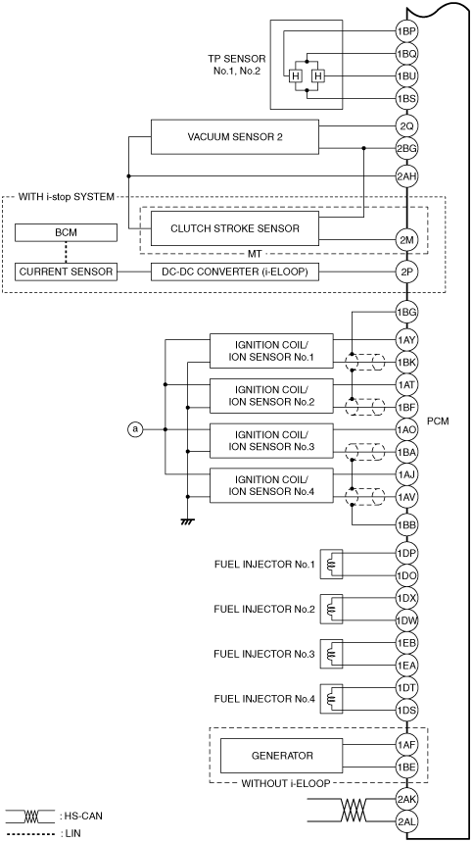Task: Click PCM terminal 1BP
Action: [x=406, y=31]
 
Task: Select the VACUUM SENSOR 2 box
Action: [x=235, y=137]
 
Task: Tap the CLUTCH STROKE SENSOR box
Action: [x=235, y=228]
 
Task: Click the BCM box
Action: [x=66, y=232]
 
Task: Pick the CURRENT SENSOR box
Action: [x=66, y=272]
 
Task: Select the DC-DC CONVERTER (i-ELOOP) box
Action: [x=235, y=272]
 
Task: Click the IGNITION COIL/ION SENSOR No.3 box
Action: [x=271, y=441]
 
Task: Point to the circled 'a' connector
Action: [x=135, y=429]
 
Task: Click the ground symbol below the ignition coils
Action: [x=188, y=520]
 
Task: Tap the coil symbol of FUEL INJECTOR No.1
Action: [x=330, y=564]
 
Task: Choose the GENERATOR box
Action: [x=282, y=756]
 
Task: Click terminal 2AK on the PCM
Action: [x=406, y=799]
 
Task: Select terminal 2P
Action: [x=406, y=272]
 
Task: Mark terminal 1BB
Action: [x=406, y=524]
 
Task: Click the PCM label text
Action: [x=438, y=421]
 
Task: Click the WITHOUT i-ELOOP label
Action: [x=285, y=783]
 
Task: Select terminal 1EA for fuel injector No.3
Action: [x=406, y=666]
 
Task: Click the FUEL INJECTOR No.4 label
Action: [x=263, y=699]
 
